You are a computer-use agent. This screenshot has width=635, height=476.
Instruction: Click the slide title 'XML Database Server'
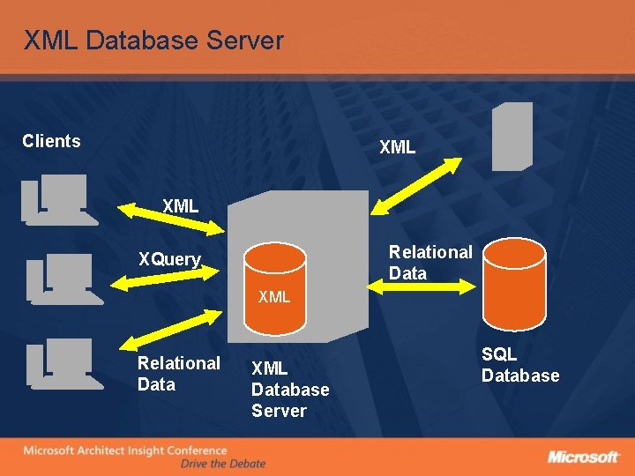[x=153, y=41]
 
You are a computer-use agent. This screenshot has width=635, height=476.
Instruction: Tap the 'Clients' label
[x=51, y=141]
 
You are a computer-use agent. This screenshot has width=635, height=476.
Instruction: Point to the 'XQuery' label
[x=169, y=259]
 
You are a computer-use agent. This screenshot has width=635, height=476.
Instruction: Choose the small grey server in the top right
[x=512, y=136]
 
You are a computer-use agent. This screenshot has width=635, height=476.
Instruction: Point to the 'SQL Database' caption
[x=519, y=365]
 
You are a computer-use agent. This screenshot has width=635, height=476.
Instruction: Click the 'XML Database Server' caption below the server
[x=290, y=390]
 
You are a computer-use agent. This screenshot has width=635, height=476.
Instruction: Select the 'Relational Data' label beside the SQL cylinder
[x=430, y=263]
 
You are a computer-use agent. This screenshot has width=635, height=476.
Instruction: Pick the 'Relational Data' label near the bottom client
[x=178, y=374]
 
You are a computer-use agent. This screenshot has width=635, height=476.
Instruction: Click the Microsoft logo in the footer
[x=583, y=457]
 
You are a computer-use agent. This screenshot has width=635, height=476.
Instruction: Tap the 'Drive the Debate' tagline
[x=222, y=464]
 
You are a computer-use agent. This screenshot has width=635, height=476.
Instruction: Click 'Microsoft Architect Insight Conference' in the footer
[x=124, y=450]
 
